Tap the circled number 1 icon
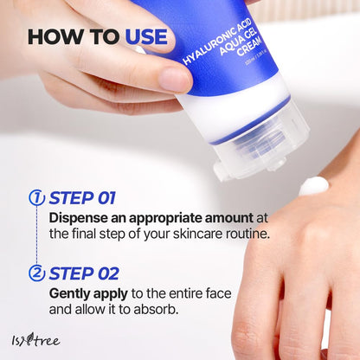click(x=36, y=197)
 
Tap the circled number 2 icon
click(x=36, y=273)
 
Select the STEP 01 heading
click(x=83, y=197)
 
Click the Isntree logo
click(x=35, y=338)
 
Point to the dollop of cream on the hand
click(x=313, y=184)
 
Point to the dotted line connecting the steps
click(x=36, y=235)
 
